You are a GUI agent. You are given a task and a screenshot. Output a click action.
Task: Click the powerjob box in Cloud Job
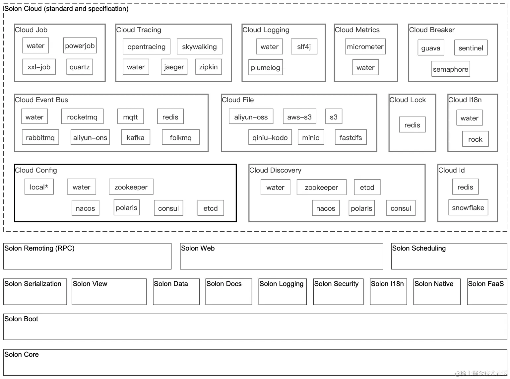click(x=80, y=45)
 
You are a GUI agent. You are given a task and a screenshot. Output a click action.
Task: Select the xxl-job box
click(x=39, y=67)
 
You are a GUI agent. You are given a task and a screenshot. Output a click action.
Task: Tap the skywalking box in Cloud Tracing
click(x=199, y=46)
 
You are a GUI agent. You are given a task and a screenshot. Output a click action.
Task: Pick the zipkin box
click(x=209, y=67)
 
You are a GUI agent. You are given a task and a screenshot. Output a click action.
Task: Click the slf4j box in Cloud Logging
click(x=304, y=46)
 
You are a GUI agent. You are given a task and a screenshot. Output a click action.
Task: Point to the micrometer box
click(x=365, y=46)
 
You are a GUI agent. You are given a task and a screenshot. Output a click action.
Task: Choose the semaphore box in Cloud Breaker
click(x=451, y=69)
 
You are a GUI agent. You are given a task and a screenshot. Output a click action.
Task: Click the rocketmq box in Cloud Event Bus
click(x=82, y=116)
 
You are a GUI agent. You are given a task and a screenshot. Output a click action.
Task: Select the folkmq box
click(x=181, y=137)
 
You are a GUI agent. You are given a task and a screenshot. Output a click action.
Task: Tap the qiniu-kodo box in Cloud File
click(x=270, y=137)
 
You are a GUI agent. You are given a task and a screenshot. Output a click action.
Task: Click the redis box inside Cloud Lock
click(x=412, y=125)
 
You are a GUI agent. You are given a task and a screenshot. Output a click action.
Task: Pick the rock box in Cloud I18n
click(x=476, y=139)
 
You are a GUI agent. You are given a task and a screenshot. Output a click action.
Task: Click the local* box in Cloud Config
click(x=39, y=187)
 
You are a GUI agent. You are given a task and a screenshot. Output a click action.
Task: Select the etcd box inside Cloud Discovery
click(x=367, y=187)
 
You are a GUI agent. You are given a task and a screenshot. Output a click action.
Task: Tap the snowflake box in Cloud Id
click(x=468, y=207)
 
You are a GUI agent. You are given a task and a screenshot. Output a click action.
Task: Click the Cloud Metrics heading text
click(x=357, y=30)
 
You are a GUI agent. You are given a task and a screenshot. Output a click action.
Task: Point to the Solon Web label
click(x=198, y=248)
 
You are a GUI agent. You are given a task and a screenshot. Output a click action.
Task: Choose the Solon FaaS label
click(x=486, y=283)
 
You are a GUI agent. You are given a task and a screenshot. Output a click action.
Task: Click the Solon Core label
click(x=21, y=354)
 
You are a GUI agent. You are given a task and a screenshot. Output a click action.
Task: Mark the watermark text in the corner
click(x=481, y=373)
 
